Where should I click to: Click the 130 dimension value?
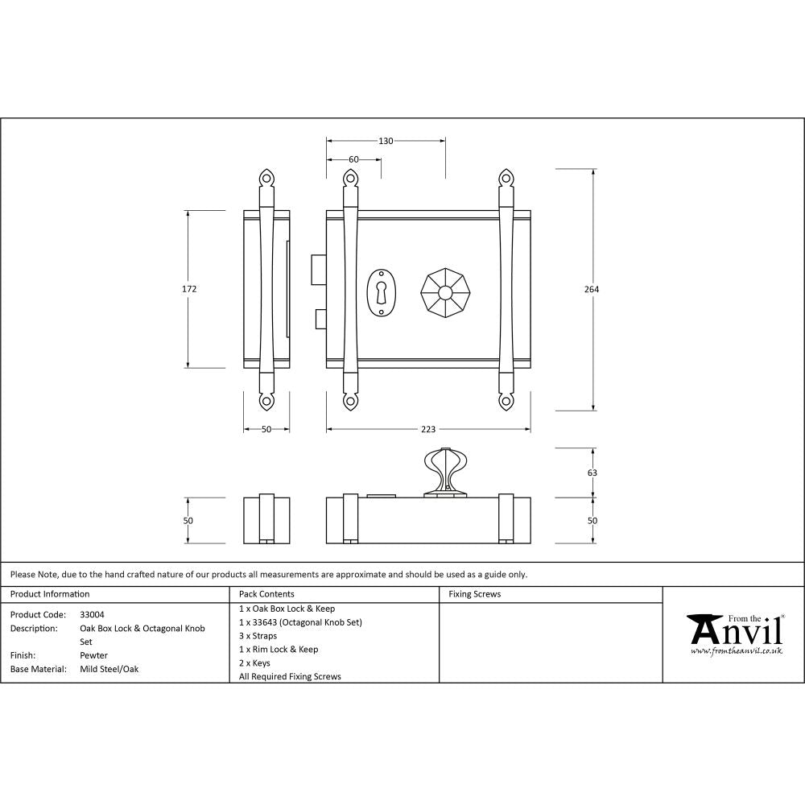point(386,141)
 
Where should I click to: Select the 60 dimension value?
point(353,159)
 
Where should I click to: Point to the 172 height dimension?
point(189,289)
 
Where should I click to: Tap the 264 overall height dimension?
point(593,289)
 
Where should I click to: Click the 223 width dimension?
point(427,429)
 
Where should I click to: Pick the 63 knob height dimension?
point(592,473)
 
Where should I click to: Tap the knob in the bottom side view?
point(444,471)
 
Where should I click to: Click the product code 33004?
point(92,614)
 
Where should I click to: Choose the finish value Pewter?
point(93,655)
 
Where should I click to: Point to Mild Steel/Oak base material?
point(109,669)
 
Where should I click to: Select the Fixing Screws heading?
point(474,594)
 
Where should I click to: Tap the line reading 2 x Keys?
point(254,663)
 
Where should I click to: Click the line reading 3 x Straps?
point(258,636)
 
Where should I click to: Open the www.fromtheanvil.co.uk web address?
point(736,650)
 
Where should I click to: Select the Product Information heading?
point(50,594)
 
